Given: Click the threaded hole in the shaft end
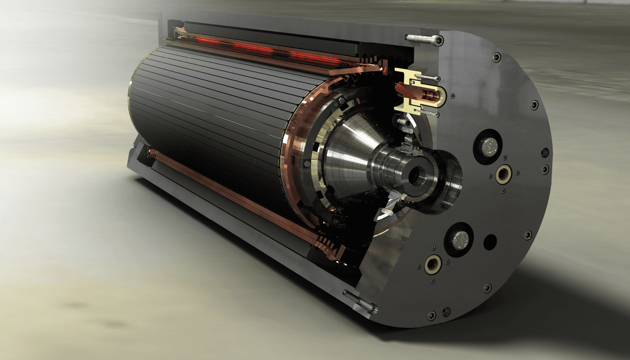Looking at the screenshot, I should (414, 176).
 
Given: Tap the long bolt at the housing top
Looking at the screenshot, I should (424, 40).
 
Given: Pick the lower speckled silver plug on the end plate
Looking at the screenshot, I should (459, 240).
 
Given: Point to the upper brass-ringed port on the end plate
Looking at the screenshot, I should (504, 174).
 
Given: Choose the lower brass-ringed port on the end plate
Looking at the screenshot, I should (433, 264).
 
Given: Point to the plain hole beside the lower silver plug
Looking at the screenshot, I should (490, 241).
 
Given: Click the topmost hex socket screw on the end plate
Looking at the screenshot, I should (497, 57).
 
